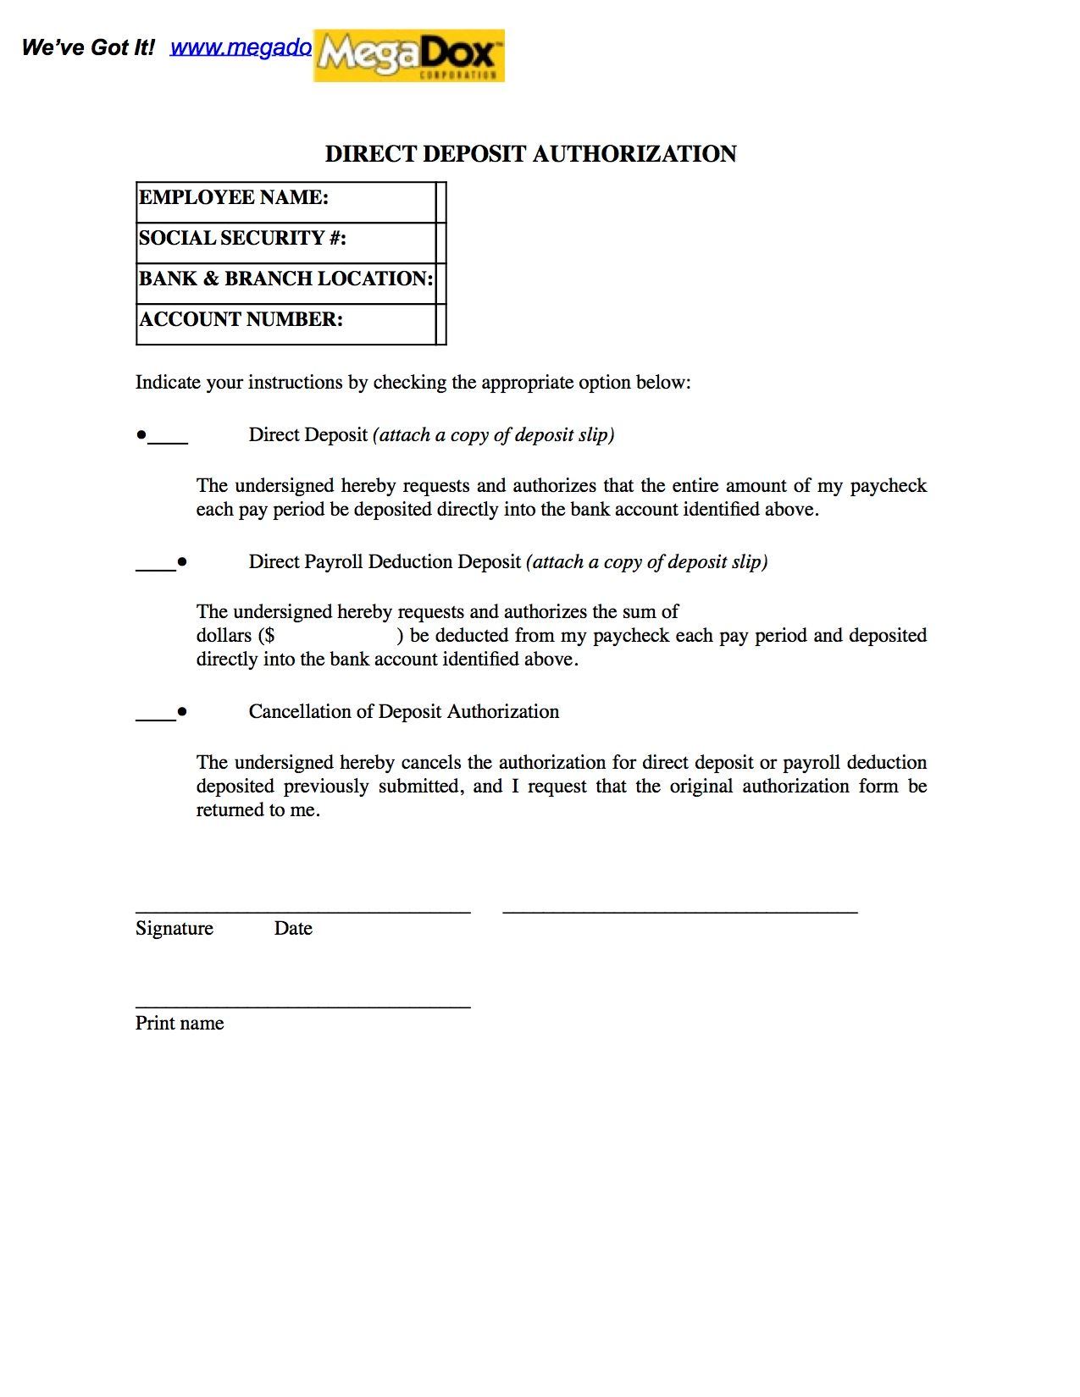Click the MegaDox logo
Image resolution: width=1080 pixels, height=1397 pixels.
coord(408,56)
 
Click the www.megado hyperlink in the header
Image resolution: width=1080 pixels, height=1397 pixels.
coord(241,47)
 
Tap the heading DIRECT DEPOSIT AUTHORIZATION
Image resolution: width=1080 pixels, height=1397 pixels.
coord(530,154)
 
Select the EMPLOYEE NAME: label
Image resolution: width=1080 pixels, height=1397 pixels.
coord(234,198)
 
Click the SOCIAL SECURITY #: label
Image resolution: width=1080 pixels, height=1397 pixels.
coord(242,239)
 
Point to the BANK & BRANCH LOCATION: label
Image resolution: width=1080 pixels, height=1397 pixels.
coord(285,279)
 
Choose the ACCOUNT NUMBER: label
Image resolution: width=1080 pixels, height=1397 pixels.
coord(241,320)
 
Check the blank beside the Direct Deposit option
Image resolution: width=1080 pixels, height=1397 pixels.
coord(169,440)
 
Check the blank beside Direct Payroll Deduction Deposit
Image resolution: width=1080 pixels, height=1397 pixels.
coord(155,567)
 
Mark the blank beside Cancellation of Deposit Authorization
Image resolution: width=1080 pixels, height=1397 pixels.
coord(155,717)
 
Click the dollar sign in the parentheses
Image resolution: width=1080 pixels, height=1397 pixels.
coord(269,636)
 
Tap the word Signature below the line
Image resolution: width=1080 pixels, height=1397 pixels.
coord(174,929)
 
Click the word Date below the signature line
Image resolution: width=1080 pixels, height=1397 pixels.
coord(293,929)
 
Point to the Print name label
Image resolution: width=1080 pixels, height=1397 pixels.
coord(180,1024)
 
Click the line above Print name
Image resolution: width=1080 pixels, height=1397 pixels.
coord(302,1008)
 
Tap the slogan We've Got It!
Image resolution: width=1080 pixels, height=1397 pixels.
coord(88,47)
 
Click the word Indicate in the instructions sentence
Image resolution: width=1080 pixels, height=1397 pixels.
coord(168,383)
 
